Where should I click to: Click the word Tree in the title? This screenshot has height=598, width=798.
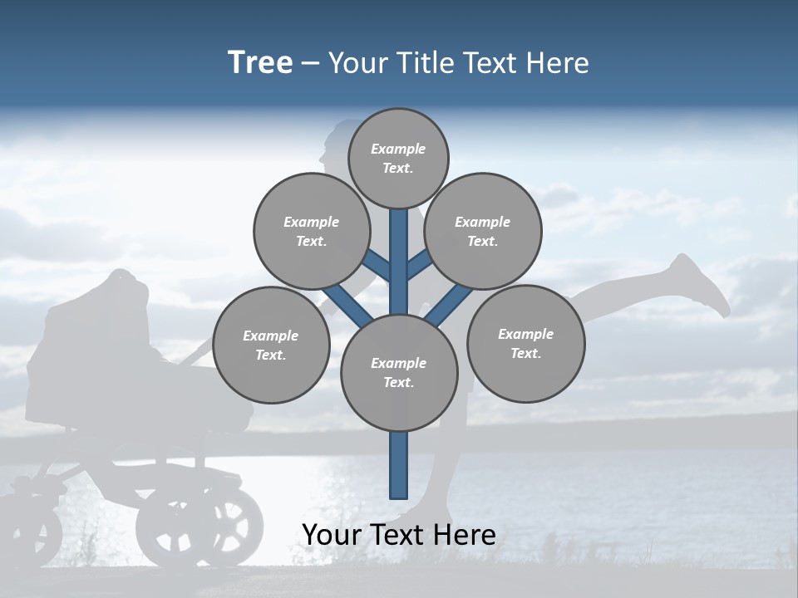(260, 62)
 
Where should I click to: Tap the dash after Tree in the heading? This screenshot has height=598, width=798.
(310, 64)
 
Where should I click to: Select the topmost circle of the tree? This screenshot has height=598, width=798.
(398, 158)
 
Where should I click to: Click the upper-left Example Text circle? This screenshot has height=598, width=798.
(311, 231)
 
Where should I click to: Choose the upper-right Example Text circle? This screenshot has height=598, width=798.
(483, 231)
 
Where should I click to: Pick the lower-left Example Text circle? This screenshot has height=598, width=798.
(270, 345)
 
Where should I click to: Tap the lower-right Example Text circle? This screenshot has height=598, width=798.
(525, 343)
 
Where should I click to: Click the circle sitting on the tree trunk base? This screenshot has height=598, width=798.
(399, 372)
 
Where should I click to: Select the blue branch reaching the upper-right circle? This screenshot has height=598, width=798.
(418, 266)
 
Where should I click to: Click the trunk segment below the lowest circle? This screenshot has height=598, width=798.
(399, 465)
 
